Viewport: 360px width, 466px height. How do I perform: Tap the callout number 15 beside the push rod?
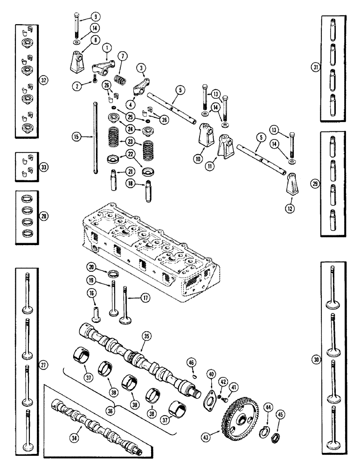coord(76,137)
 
